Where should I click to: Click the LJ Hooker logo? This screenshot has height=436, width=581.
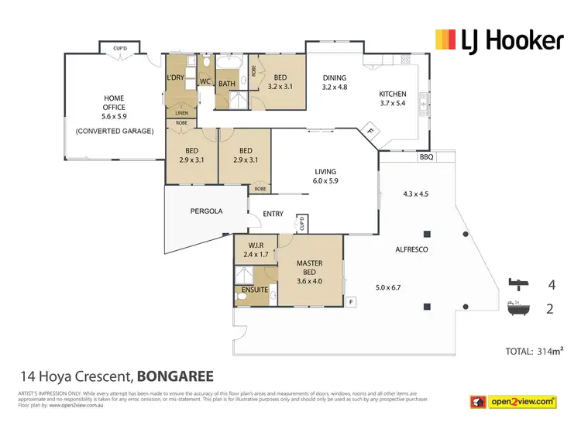pyautogui.click(x=499, y=39)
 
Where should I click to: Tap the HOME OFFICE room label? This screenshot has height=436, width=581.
pyautogui.click(x=114, y=108)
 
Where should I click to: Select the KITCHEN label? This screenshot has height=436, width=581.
pyautogui.click(x=393, y=94)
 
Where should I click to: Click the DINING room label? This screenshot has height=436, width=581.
pyautogui.click(x=335, y=78)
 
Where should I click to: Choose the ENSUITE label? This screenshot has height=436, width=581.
pyautogui.click(x=256, y=290)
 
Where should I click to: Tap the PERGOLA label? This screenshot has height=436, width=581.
pyautogui.click(x=207, y=211)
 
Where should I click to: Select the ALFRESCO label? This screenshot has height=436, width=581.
pyautogui.click(x=412, y=249)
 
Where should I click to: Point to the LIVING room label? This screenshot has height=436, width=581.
pyautogui.click(x=324, y=172)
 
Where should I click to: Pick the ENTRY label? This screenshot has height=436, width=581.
pyautogui.click(x=273, y=215)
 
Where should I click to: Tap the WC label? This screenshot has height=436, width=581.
pyautogui.click(x=205, y=81)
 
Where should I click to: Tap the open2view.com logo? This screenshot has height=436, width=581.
pyautogui.click(x=515, y=402)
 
